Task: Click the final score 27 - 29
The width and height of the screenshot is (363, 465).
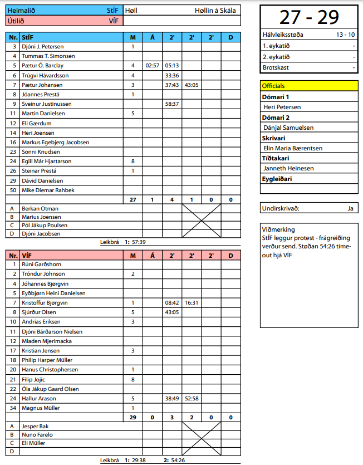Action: (x=308, y=17)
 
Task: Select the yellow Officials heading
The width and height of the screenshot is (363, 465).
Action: (x=273, y=86)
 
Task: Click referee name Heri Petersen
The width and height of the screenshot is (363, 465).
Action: (x=282, y=107)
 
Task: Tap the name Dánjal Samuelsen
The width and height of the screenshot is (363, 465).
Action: (x=288, y=128)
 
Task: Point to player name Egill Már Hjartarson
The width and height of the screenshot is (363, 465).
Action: (x=47, y=161)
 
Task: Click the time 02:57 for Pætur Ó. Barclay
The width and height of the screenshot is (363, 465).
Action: (x=153, y=65)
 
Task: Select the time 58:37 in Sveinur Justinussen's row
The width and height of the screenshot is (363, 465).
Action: (x=172, y=104)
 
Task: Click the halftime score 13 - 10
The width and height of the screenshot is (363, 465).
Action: (x=345, y=35)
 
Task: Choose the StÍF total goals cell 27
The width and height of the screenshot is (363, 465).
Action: (x=133, y=199)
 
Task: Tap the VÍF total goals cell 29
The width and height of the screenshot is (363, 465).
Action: (x=133, y=417)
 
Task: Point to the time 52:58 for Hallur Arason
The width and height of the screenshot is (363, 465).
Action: (x=192, y=398)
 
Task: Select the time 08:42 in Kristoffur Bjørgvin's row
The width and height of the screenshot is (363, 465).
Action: (x=172, y=302)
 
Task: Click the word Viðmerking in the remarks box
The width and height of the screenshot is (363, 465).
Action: (x=280, y=229)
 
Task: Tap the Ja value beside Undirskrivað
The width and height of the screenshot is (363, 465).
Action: (x=350, y=208)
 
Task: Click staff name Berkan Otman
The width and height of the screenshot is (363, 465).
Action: (x=39, y=208)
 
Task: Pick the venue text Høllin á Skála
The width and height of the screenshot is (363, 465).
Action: (x=215, y=10)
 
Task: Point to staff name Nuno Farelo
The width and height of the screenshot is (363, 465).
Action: (x=37, y=435)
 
